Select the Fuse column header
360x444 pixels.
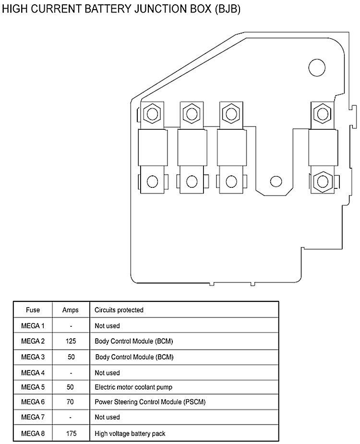click(x=33, y=310)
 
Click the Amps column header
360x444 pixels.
click(x=71, y=310)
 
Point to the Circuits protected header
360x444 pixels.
click(x=119, y=310)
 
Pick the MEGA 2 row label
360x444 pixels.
click(x=33, y=342)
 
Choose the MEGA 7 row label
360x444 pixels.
click(x=33, y=417)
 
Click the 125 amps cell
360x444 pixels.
click(x=71, y=342)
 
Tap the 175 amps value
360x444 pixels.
click(x=71, y=433)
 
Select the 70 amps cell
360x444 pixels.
click(x=71, y=401)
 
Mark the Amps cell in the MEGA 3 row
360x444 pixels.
click(x=71, y=358)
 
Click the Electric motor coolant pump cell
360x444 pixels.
click(x=133, y=387)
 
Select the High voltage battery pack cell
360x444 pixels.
click(x=130, y=433)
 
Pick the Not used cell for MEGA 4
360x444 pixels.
click(x=107, y=372)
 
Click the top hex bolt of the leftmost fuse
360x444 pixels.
click(x=153, y=114)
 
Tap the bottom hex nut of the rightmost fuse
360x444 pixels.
click(x=321, y=181)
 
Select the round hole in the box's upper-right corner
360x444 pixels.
click(x=317, y=67)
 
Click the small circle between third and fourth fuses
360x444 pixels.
click(x=276, y=182)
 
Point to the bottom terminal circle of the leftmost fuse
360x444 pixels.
click(x=153, y=182)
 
